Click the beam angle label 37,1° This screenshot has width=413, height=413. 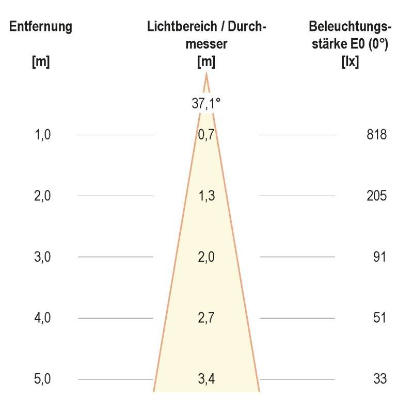pyautogui.click(x=206, y=103)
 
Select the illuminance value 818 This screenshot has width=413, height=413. pyautogui.click(x=376, y=135)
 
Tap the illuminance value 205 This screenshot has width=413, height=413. pyautogui.click(x=376, y=196)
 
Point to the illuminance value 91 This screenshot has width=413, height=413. pyautogui.click(x=379, y=257)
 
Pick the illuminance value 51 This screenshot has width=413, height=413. pyautogui.click(x=379, y=318)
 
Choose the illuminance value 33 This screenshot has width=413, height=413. pyautogui.click(x=379, y=379)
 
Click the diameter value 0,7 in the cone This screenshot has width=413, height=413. pyautogui.click(x=206, y=135)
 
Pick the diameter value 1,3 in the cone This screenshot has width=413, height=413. pyautogui.click(x=206, y=196)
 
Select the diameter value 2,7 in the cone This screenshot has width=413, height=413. pyautogui.click(x=206, y=318)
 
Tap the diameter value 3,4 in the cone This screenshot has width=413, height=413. pyautogui.click(x=206, y=379)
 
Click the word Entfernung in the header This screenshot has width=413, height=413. pyautogui.click(x=41, y=27)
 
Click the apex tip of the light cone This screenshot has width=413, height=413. pyautogui.click(x=206, y=75)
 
